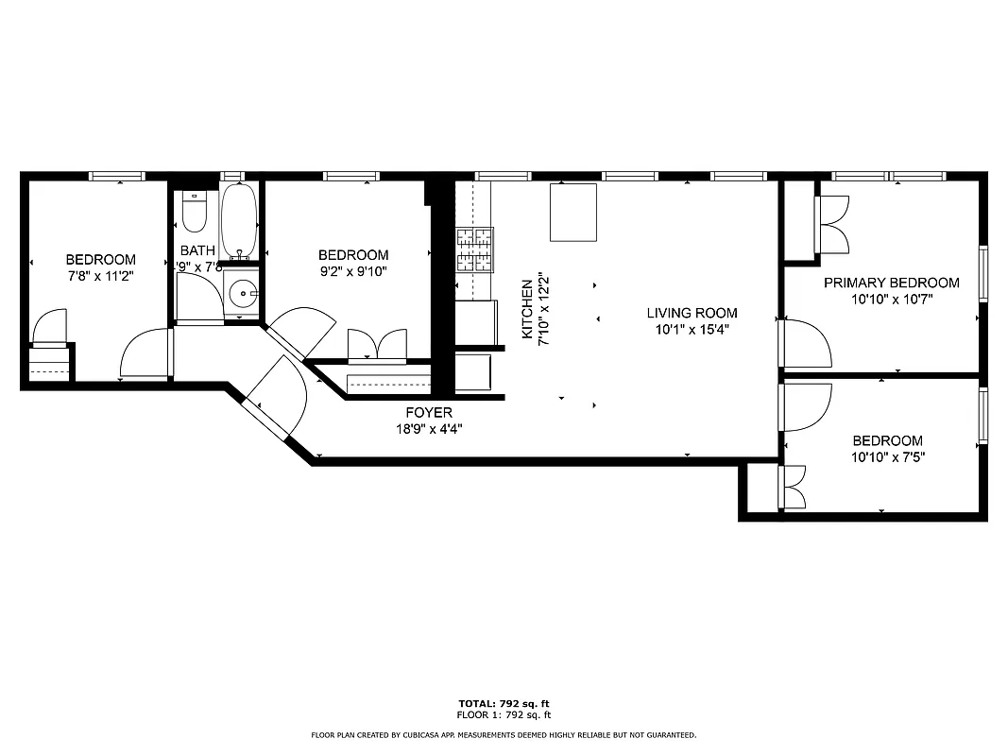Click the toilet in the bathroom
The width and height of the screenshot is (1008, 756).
(195, 214)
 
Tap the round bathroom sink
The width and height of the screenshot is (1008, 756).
(244, 294)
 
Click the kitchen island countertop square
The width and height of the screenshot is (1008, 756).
(572, 214)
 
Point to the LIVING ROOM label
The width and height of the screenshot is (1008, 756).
(692, 313)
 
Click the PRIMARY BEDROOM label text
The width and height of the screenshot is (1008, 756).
(891, 283)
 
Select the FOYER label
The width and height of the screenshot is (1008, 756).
(429, 412)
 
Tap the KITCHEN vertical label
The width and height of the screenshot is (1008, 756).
(526, 310)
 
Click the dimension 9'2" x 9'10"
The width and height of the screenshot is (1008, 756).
(353, 271)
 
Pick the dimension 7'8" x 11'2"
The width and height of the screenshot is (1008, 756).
(100, 276)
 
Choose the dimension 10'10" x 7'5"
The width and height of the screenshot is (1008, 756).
(887, 457)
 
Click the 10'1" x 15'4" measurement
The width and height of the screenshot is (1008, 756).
(692, 330)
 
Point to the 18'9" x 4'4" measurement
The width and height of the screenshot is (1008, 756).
(429, 428)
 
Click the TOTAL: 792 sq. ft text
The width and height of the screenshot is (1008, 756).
(504, 704)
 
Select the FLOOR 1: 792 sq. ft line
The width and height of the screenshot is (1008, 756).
(504, 715)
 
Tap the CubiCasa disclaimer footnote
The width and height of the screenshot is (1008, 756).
(504, 734)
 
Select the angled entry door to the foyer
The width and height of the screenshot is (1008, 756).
(276, 397)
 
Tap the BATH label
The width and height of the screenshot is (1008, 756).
(197, 250)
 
